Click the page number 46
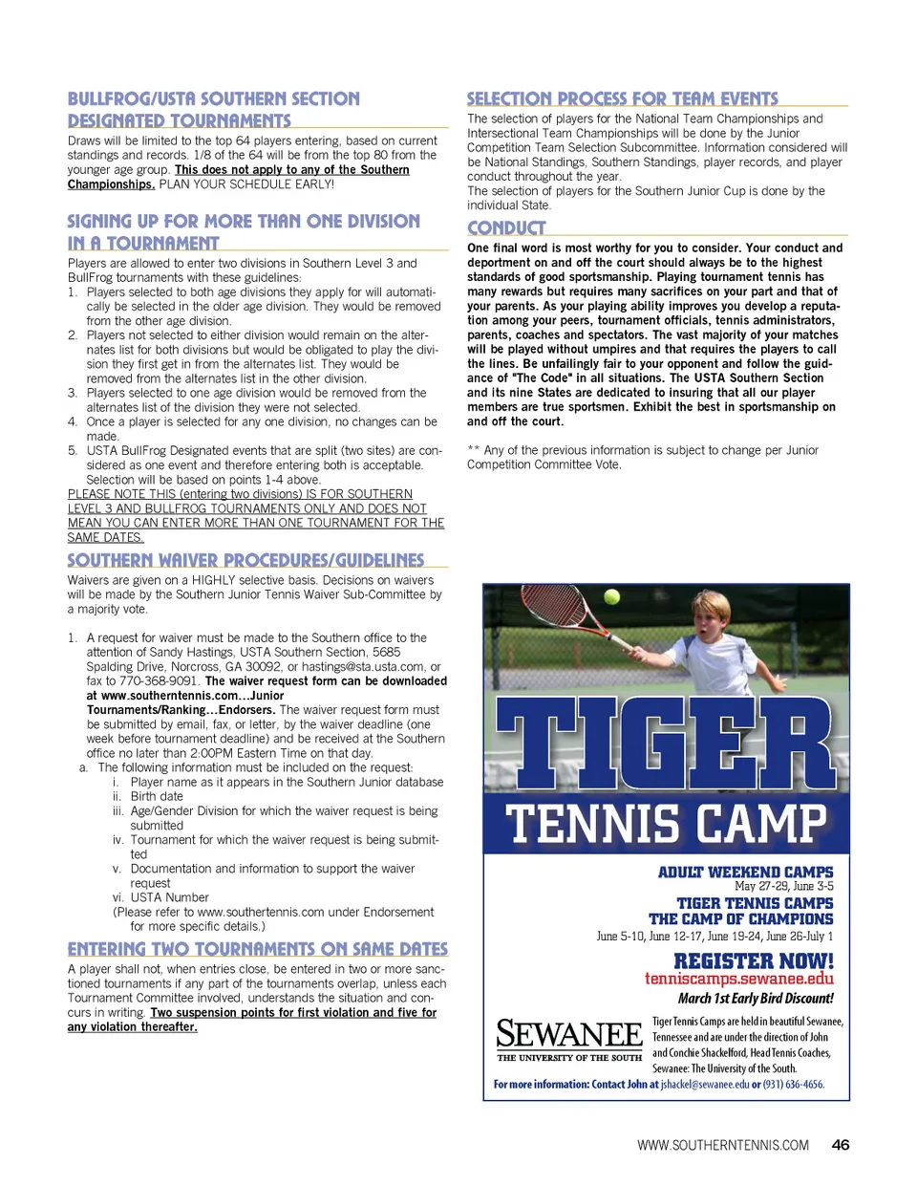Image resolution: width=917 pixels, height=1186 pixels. click(841, 1145)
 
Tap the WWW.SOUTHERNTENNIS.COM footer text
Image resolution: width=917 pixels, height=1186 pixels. click(723, 1146)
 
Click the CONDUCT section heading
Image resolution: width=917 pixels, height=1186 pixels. click(506, 228)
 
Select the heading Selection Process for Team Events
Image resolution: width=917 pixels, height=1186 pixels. click(623, 98)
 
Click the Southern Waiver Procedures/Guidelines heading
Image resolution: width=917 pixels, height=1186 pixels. click(245, 560)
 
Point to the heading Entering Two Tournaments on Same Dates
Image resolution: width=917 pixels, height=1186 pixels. click(258, 949)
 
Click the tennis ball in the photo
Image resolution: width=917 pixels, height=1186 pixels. click(612, 597)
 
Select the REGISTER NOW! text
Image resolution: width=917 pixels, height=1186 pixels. click(754, 961)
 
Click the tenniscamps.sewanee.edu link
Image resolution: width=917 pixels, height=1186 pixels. click(738, 979)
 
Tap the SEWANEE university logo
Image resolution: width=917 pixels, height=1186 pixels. click(569, 1038)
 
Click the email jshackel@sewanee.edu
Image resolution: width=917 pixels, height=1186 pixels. click(705, 1085)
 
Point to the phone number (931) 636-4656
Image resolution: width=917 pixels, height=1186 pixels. click(794, 1085)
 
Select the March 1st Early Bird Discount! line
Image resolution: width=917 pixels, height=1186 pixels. click(756, 999)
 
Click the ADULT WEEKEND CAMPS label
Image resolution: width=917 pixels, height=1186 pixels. click(745, 873)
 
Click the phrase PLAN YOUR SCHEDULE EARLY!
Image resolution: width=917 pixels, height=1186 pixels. click(246, 184)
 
